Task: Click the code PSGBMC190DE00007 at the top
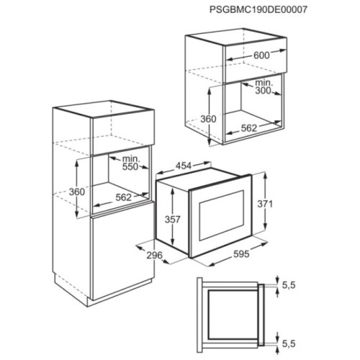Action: point(258,9)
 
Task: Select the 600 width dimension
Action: point(261,55)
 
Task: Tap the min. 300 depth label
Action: point(263,87)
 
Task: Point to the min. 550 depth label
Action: point(130,163)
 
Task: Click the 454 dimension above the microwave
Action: point(184,166)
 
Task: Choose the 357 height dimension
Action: point(172,220)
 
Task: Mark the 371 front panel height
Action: point(265,204)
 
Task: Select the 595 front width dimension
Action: point(241,254)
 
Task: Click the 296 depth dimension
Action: point(155,255)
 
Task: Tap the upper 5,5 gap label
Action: point(289,285)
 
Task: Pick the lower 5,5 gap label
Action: point(289,343)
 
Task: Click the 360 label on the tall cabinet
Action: point(77,192)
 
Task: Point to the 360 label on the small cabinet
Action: point(208,119)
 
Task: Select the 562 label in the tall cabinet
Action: point(124,197)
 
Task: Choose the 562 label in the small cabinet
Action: point(249,128)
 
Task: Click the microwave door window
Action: point(222,215)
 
